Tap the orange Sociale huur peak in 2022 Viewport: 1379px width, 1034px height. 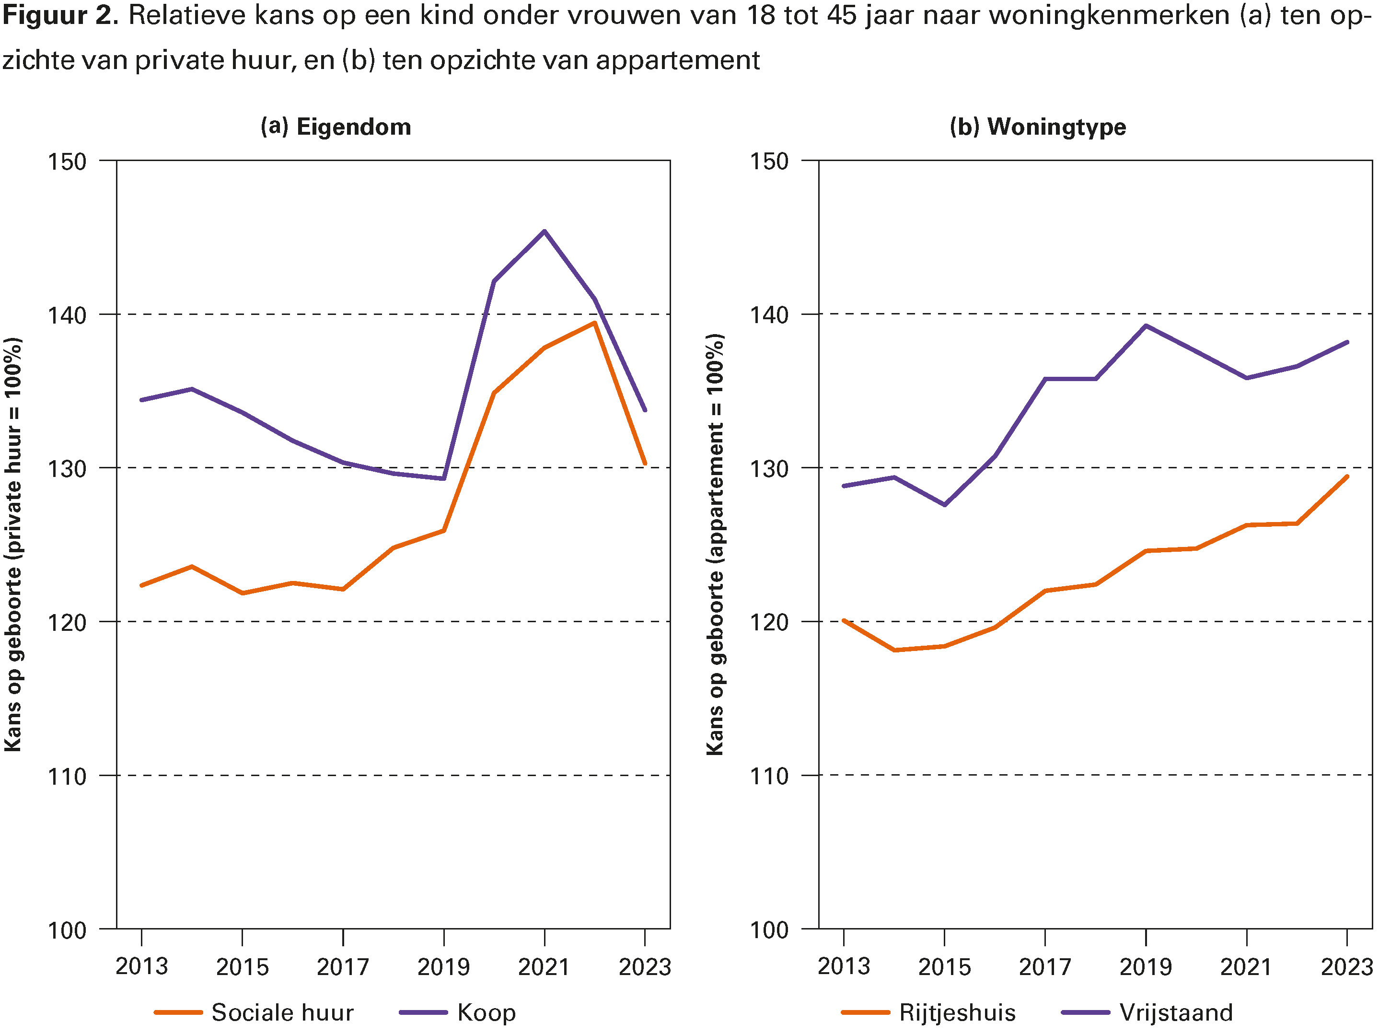point(595,323)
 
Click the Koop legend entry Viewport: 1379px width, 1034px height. point(486,1012)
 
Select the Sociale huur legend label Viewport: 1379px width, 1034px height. point(282,1012)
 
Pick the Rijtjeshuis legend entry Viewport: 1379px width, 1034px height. point(957,1012)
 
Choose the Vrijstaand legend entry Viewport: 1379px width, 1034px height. point(1176,1012)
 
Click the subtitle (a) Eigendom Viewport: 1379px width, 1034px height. point(336,127)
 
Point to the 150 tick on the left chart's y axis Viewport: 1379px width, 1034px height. point(67,162)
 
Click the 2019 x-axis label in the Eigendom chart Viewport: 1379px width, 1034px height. point(443,966)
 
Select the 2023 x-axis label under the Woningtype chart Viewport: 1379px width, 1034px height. point(1346,966)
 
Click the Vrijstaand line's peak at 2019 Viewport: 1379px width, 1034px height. point(1146,325)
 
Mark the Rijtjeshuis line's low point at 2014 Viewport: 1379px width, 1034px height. point(894,650)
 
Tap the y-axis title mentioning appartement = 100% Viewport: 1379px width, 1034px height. point(716,545)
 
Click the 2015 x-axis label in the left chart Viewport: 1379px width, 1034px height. point(242,966)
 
